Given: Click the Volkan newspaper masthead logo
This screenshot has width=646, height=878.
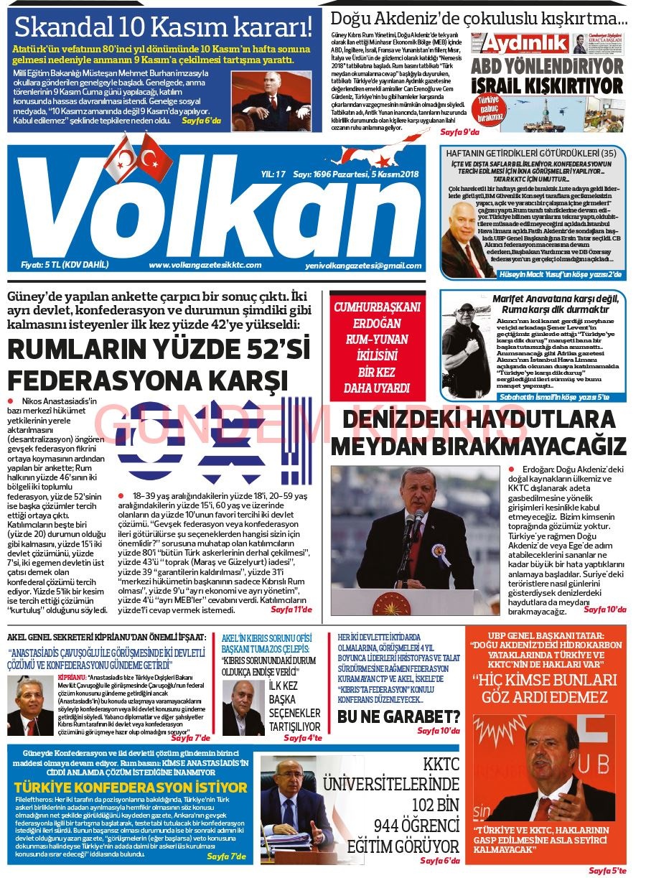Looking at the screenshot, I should tap(215, 208).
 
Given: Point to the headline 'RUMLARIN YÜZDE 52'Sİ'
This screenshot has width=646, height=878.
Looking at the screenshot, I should tap(158, 351).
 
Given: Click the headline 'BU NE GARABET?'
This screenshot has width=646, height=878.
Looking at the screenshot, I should tap(398, 717).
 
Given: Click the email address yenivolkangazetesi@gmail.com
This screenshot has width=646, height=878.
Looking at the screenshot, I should tap(362, 266).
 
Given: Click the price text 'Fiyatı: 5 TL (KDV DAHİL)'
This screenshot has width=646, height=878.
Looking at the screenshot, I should tap(65, 265).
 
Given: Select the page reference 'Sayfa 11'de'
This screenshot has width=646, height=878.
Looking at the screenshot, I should tap(291, 610).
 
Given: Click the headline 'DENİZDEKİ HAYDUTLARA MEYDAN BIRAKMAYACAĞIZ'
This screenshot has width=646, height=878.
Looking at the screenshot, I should tap(478, 433).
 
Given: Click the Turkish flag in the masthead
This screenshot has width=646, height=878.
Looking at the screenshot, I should tap(151, 156).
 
